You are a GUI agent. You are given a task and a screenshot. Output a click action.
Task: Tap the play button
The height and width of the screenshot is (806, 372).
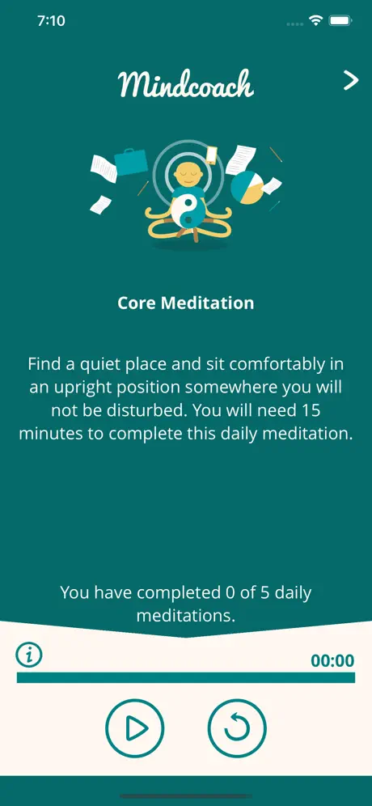pyautogui.click(x=134, y=728)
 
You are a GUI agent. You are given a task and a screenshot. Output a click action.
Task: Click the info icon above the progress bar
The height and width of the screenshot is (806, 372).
pyautogui.click(x=29, y=655)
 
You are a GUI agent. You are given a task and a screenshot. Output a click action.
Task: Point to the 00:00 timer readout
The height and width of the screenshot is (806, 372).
pyautogui.click(x=332, y=660)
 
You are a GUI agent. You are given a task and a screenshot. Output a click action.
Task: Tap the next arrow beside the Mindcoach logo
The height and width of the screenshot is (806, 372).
pyautogui.click(x=351, y=81)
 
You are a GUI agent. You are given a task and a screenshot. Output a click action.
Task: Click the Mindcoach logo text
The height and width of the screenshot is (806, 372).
pyautogui.click(x=186, y=84)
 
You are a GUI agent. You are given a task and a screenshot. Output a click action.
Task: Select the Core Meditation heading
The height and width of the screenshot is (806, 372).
pyautogui.click(x=185, y=303)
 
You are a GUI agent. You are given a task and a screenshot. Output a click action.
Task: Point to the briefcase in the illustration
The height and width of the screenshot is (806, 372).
pyautogui.click(x=132, y=162)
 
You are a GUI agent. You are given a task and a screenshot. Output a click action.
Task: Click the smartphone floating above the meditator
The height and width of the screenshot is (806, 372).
pyautogui.click(x=212, y=155)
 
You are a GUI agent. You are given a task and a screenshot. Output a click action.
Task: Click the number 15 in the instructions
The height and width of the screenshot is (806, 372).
pyautogui.click(x=320, y=411)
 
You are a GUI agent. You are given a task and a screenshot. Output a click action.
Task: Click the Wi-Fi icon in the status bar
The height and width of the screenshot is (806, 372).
pyautogui.click(x=315, y=20)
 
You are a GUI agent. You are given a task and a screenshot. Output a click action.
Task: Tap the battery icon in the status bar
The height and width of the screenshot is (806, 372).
pyautogui.click(x=340, y=20)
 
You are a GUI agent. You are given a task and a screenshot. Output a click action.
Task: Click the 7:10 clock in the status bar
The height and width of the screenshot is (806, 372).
pyautogui.click(x=52, y=21)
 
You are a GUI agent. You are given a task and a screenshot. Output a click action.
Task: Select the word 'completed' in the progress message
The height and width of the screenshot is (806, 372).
pyautogui.click(x=178, y=592)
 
